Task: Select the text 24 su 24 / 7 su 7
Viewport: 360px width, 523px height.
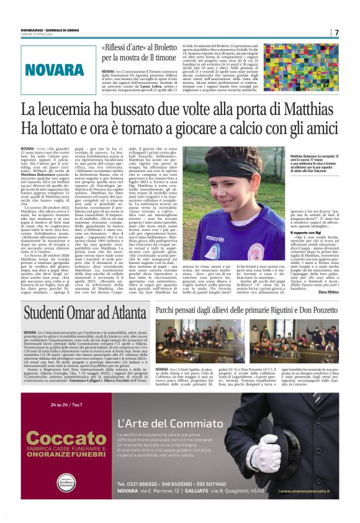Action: [x=68, y=406]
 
